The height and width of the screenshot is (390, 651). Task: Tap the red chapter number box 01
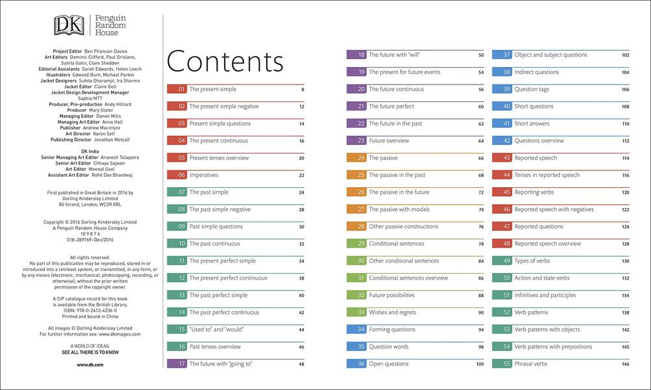[x=177, y=89]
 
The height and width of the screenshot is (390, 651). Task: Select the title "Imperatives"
[x=204, y=175]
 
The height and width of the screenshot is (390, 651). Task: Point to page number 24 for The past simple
[x=302, y=192]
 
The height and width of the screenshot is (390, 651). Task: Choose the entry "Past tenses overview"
[x=215, y=347]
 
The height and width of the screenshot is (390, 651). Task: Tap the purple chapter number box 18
[x=357, y=55]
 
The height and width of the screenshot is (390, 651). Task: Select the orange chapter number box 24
[x=357, y=158]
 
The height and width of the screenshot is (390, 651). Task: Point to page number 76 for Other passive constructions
[x=481, y=227]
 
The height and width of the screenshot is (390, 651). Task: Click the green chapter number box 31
[x=357, y=278]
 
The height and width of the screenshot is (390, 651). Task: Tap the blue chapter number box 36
[x=357, y=364]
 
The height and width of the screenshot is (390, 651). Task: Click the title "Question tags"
[x=532, y=89]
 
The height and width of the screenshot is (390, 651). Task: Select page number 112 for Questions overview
[x=625, y=141]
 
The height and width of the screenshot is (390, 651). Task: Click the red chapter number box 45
[x=502, y=192]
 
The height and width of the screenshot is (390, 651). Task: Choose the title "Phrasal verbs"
[x=531, y=364]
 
